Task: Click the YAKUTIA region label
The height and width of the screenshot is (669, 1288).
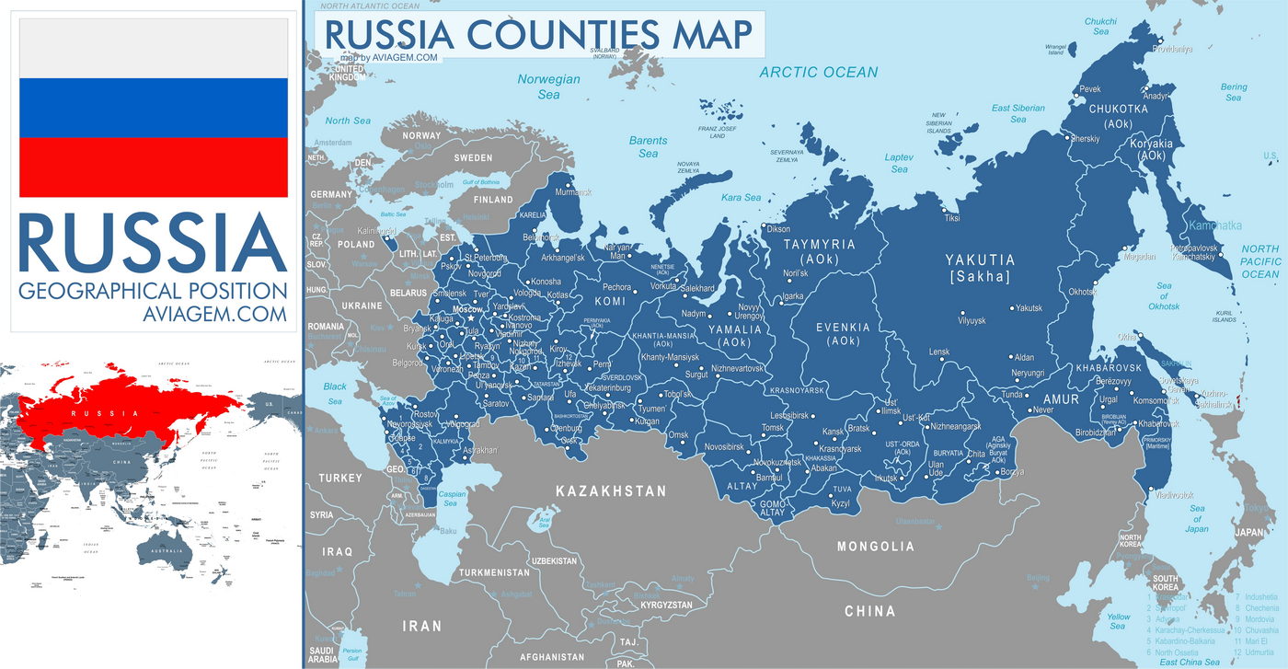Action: click(x=981, y=260)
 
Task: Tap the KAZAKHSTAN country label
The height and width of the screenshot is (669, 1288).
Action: click(x=610, y=491)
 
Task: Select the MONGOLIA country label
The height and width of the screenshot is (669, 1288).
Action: click(x=875, y=547)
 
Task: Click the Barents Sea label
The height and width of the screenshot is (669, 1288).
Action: click(x=648, y=146)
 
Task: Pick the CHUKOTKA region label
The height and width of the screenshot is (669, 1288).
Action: click(x=1119, y=110)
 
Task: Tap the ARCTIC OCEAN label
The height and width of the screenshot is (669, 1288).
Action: click(x=818, y=72)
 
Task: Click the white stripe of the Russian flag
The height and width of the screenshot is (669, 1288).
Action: click(x=154, y=48)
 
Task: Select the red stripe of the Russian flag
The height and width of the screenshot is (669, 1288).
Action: click(x=154, y=167)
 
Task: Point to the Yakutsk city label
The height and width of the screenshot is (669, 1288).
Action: click(x=1029, y=308)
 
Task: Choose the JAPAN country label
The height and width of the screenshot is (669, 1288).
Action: click(x=1249, y=532)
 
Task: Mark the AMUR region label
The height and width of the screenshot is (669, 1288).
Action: click(x=1060, y=399)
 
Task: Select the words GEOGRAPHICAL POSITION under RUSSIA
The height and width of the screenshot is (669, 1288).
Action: click(x=153, y=292)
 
